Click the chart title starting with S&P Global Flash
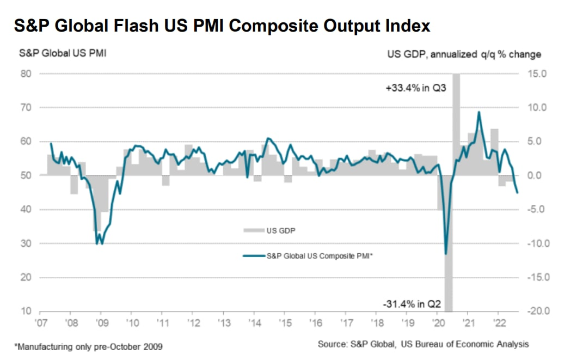point(222,26)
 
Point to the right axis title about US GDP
point(464,54)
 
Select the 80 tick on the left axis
point(25,74)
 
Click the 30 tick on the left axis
point(25,243)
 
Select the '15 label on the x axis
point(286,322)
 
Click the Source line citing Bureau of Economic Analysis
point(424,344)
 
